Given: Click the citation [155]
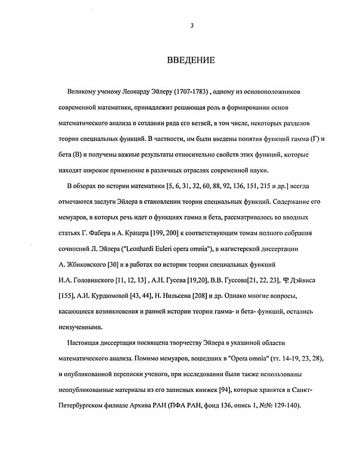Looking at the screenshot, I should (x=67, y=296).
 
